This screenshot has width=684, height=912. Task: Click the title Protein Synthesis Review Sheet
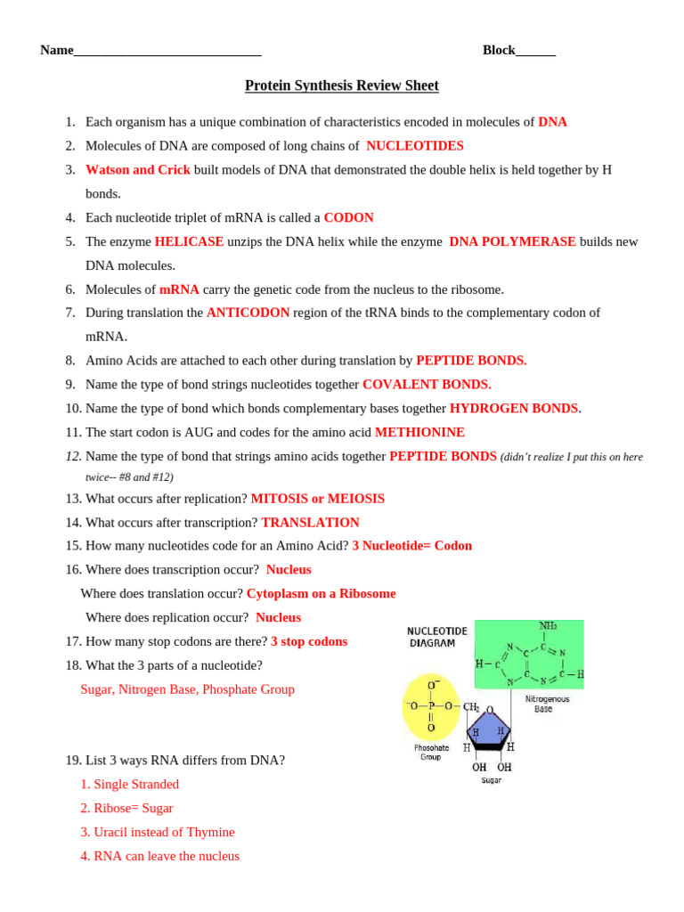pyautogui.click(x=342, y=85)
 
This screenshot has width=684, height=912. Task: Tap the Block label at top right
pyautogui.click(x=499, y=50)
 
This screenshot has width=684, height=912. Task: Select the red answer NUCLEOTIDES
pyautogui.click(x=414, y=145)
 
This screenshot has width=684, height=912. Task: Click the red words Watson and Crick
pyautogui.click(x=138, y=169)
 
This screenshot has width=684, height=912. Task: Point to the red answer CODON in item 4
pyautogui.click(x=348, y=217)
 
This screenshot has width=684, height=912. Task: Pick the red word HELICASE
pyautogui.click(x=189, y=241)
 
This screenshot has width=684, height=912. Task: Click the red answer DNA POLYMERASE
pyautogui.click(x=512, y=241)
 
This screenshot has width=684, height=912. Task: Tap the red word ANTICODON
pyautogui.click(x=248, y=313)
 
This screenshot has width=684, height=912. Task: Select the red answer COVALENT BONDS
pyautogui.click(x=427, y=384)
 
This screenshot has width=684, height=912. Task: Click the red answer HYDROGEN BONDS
pyautogui.click(x=514, y=408)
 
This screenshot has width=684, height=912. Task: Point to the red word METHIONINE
pyautogui.click(x=419, y=432)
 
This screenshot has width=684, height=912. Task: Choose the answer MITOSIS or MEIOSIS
pyautogui.click(x=318, y=499)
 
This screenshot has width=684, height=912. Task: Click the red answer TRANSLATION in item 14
pyautogui.click(x=310, y=523)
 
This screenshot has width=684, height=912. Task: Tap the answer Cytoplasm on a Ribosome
pyautogui.click(x=321, y=593)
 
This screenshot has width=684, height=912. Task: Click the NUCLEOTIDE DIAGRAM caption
pyautogui.click(x=432, y=637)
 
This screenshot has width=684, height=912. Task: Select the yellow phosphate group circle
pyautogui.click(x=431, y=707)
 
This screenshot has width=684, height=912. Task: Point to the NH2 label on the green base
pyautogui.click(x=548, y=625)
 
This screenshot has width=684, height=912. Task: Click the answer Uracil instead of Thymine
pyautogui.click(x=158, y=832)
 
